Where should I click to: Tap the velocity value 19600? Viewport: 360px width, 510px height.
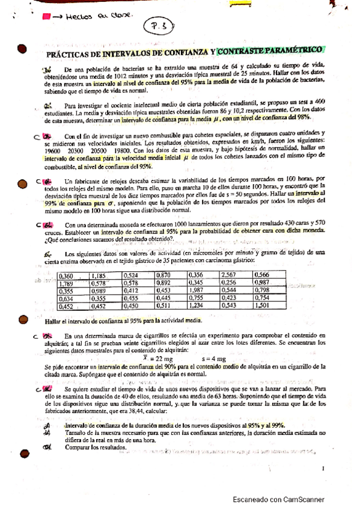(53, 152)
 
